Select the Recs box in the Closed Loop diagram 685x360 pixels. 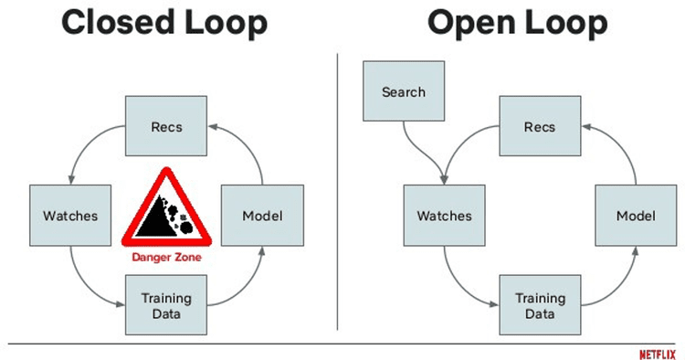[x=165, y=125]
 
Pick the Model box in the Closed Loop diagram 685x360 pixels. [x=261, y=217]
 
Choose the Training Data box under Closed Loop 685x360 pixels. [x=165, y=306]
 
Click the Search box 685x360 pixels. [x=403, y=92]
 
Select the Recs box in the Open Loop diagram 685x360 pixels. [x=539, y=125]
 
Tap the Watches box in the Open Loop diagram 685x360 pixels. [x=444, y=217]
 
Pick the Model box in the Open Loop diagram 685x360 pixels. [x=635, y=217]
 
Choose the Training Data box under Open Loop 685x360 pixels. [x=539, y=306]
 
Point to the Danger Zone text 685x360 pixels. [x=165, y=259]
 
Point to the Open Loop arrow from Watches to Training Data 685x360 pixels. [x=461, y=283]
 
